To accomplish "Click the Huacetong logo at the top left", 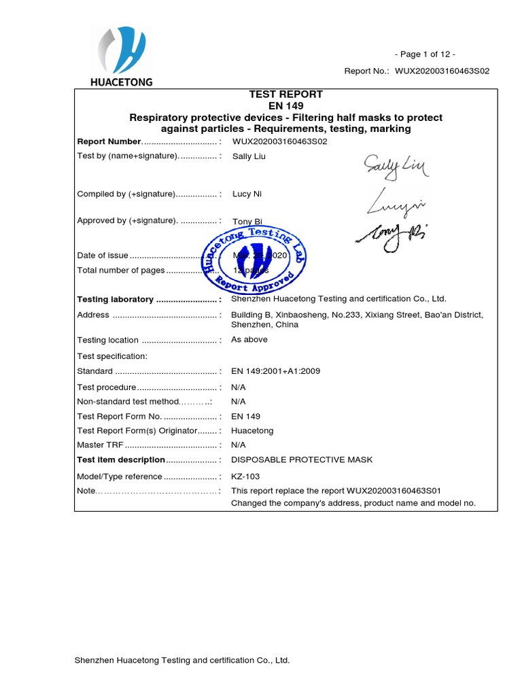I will tap(122, 57).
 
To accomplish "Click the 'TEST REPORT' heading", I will tap(285, 94).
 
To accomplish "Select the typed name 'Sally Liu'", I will tap(249, 156).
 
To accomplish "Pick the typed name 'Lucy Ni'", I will tap(247, 194).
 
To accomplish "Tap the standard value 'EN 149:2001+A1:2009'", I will tap(275, 371).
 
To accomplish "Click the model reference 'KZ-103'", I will tap(245, 476).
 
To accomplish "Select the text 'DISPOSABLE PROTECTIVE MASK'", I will tap(302, 459).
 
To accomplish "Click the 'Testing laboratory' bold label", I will tap(115, 299).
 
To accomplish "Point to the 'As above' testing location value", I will tap(249, 339).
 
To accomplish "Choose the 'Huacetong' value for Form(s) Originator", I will tap(252, 431).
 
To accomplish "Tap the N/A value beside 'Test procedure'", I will tap(239, 387).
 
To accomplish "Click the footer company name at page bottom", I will tap(182, 660).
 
